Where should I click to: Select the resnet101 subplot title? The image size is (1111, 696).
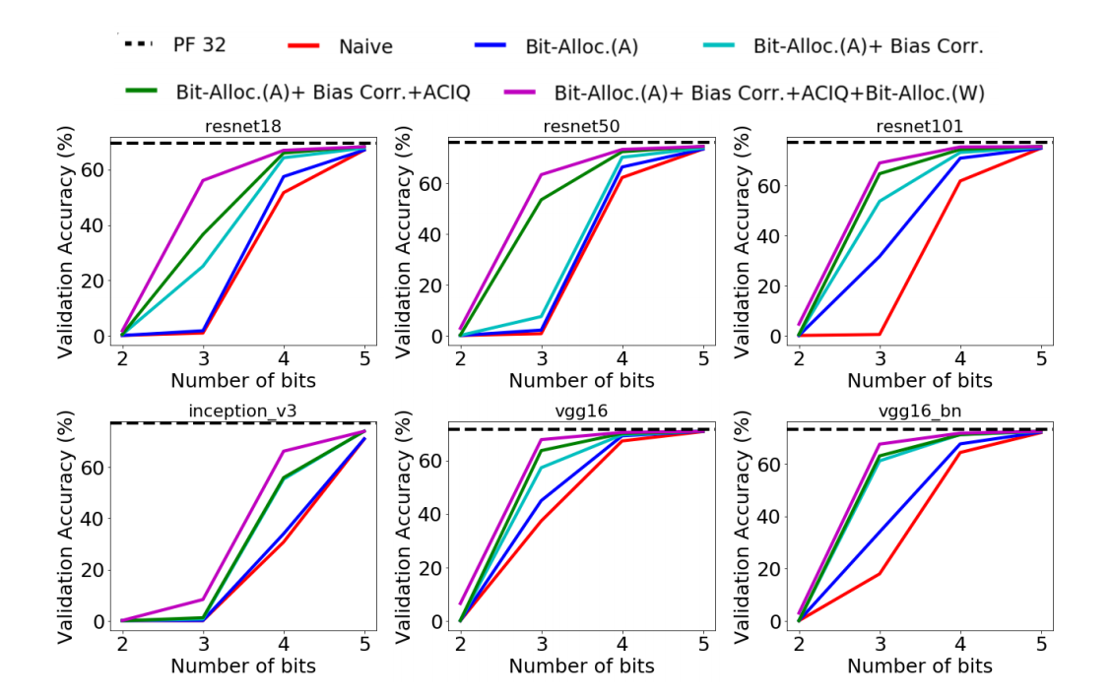tap(920, 126)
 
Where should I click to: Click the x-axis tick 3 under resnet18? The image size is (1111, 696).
tap(203, 358)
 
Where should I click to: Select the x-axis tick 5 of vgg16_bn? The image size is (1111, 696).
tap(1041, 644)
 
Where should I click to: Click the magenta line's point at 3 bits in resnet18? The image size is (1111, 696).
tap(203, 180)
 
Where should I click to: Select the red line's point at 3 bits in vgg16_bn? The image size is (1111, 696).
tap(880, 574)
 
